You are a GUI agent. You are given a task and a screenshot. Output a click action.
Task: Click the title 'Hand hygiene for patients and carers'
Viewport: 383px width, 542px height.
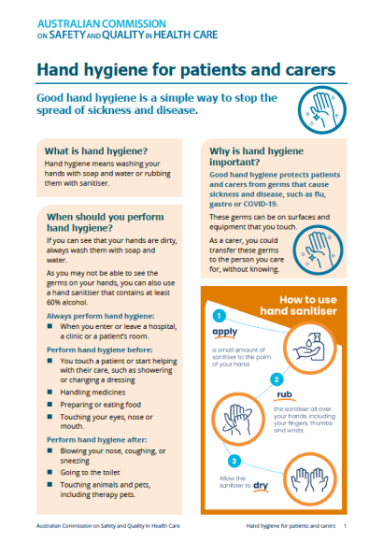185,70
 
